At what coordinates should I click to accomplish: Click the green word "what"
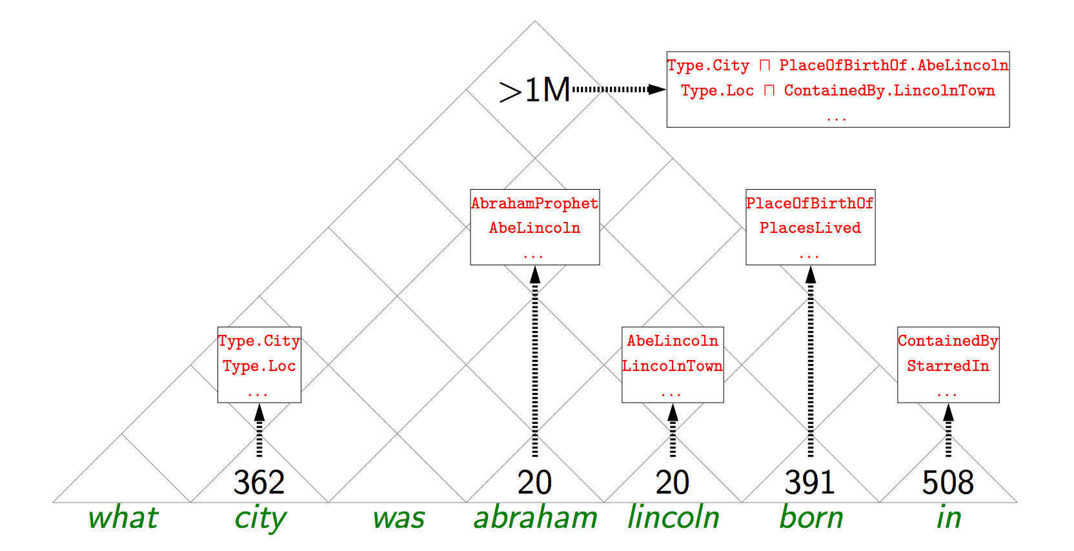(x=123, y=518)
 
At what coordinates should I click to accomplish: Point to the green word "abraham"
(x=535, y=518)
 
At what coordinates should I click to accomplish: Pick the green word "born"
(x=811, y=518)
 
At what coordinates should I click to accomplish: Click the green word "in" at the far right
(x=948, y=518)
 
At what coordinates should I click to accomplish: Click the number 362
(x=259, y=483)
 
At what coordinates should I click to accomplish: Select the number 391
(x=810, y=483)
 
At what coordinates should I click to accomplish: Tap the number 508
(x=947, y=483)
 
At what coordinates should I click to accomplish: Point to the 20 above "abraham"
(x=534, y=483)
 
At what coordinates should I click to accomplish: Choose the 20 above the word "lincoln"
(x=673, y=483)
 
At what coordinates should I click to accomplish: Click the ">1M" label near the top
(x=534, y=90)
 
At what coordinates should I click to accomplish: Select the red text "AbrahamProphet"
(x=534, y=203)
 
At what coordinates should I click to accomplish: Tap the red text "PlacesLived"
(x=810, y=228)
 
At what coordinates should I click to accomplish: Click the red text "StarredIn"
(x=947, y=366)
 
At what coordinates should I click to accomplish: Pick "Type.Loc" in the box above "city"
(x=259, y=366)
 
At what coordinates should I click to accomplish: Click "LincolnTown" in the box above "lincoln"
(x=672, y=366)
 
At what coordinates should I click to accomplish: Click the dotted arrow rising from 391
(x=811, y=361)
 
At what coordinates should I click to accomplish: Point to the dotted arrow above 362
(x=259, y=430)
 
